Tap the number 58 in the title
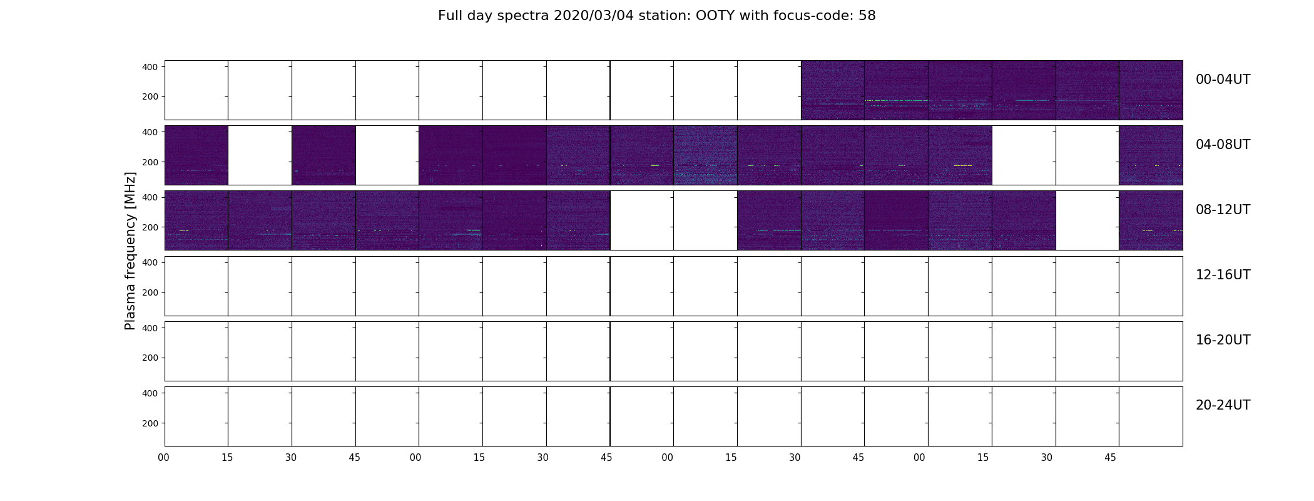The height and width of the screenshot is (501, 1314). coord(867,16)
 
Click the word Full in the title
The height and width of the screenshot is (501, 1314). coord(449,16)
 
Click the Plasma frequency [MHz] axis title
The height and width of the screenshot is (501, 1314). coord(130,250)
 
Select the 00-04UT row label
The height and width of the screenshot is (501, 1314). coord(1223,80)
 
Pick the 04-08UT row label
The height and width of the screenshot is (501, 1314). coord(1223,145)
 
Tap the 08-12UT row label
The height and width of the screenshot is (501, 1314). coord(1223,210)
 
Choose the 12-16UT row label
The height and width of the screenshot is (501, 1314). coord(1223,275)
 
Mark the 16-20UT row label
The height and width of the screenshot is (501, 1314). coord(1223,340)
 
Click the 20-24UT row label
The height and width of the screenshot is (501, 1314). coord(1223,405)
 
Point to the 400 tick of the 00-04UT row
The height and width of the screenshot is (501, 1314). coord(150,66)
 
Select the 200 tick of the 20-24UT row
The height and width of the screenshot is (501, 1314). coord(150,423)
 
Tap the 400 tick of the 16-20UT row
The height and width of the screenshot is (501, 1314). coord(150,328)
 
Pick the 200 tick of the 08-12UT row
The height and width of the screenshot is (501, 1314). coord(150,227)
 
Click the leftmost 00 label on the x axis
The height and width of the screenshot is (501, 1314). coord(164,458)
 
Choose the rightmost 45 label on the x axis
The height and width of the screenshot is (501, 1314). coord(1110,458)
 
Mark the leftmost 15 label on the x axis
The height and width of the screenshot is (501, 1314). coord(227,458)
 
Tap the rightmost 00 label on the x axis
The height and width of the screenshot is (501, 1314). coord(919,458)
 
